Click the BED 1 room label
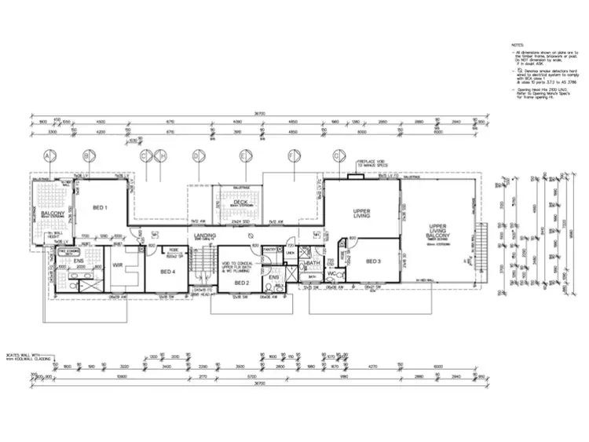pos(100,208)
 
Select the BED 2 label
pos(242,282)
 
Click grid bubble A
pos(48,156)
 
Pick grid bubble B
pos(86,156)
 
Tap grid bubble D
pos(196,156)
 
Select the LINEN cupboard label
pos(289,252)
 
